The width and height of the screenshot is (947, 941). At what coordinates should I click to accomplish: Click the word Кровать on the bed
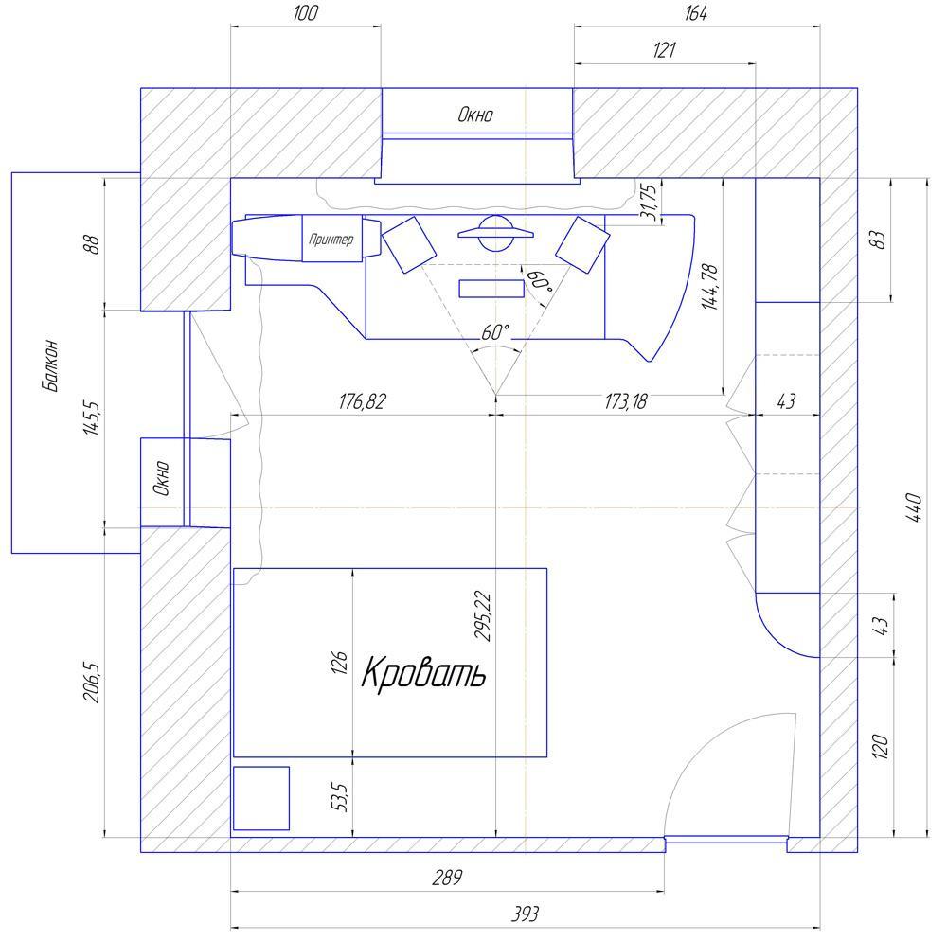point(423,672)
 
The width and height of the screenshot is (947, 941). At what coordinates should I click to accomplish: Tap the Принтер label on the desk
point(331,239)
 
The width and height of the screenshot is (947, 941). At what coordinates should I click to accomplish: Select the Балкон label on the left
point(51,365)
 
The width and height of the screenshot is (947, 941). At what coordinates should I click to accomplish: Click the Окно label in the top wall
point(475,115)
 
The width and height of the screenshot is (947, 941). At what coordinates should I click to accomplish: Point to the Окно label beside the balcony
point(161,478)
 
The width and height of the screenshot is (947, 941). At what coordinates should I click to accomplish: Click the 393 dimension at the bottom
point(525,914)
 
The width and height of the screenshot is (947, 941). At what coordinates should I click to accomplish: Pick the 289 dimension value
point(447,877)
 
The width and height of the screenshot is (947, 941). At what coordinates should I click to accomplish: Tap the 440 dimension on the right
point(915,507)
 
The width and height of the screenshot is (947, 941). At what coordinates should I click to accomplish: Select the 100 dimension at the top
point(305,13)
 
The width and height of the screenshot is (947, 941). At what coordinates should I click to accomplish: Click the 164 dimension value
point(696,13)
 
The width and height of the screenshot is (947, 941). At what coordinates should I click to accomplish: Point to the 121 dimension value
point(665,49)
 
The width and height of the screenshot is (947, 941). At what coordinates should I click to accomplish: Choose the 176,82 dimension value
point(362,401)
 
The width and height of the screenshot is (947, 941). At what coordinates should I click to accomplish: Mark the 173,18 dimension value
point(626,401)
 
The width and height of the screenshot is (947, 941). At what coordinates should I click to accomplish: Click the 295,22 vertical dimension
point(483,615)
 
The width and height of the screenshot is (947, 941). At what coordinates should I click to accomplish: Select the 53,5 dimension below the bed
point(340,797)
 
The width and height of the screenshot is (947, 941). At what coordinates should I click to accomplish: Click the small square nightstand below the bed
point(261,798)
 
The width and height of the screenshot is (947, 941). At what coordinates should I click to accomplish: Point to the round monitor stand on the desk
point(495,233)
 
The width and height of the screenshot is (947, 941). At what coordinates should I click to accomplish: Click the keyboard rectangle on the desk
point(491,289)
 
